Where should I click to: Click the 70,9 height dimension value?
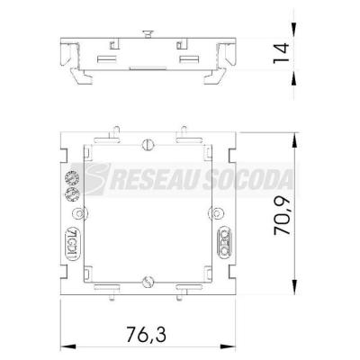[283, 216]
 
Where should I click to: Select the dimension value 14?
[281, 53]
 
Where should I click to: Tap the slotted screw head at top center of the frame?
[148, 145]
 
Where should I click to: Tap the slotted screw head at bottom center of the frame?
[148, 282]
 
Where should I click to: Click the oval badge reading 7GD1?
[70, 242]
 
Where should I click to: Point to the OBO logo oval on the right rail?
[225, 242]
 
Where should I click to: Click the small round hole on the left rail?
[79, 213]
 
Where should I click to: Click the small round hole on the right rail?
[217, 213]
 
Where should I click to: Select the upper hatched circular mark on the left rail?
[72, 178]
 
